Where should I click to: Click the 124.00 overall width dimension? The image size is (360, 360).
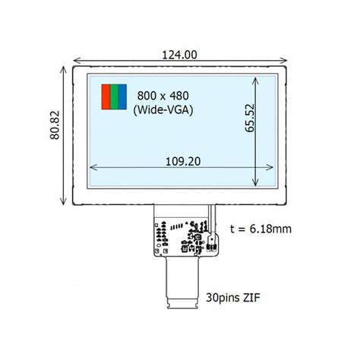pyautogui.click(x=179, y=55)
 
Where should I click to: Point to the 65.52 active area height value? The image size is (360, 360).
pyautogui.click(x=250, y=118)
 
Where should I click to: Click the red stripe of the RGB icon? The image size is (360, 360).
pyautogui.click(x=106, y=96)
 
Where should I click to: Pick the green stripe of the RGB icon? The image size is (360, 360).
pyautogui.click(x=113, y=96)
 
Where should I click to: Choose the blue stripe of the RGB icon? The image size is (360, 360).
pyautogui.click(x=120, y=96)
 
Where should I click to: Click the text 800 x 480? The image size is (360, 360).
pyautogui.click(x=163, y=96)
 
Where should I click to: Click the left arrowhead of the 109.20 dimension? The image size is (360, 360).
pyautogui.click(x=93, y=169)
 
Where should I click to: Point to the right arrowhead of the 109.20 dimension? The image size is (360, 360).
pyautogui.click(x=272, y=169)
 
